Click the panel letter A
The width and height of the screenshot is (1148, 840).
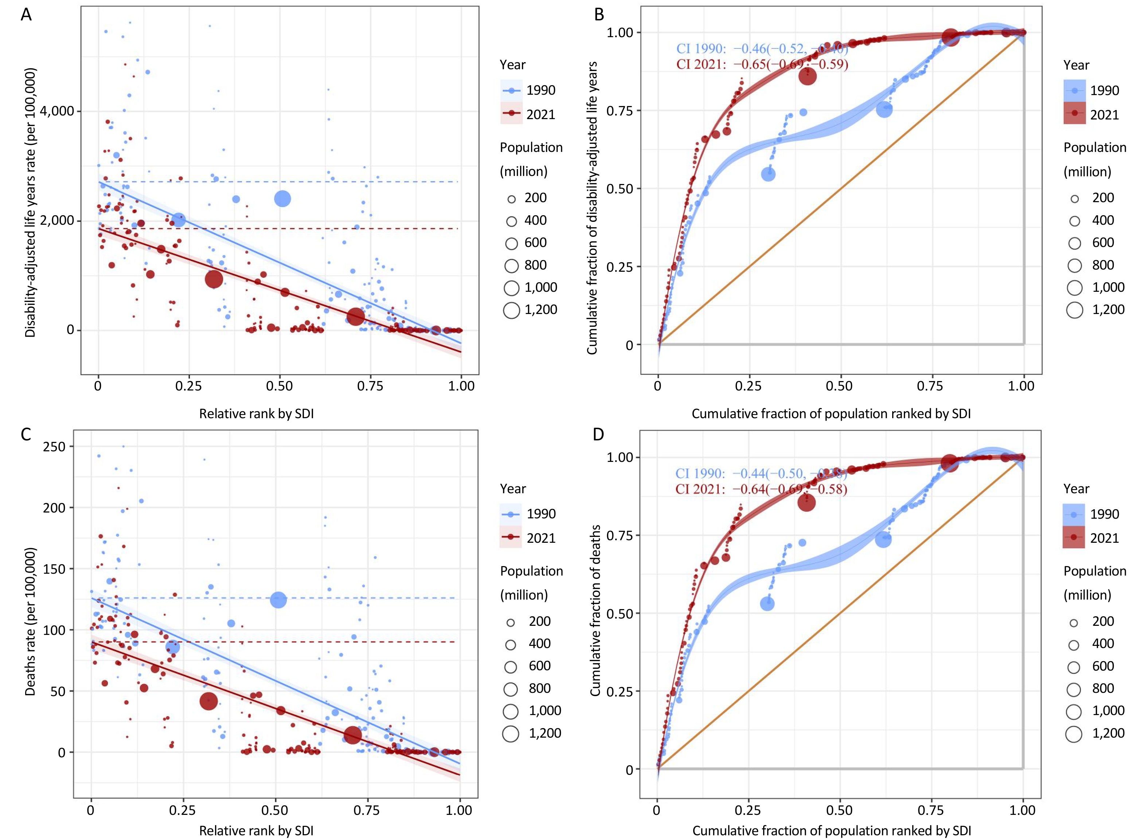26,15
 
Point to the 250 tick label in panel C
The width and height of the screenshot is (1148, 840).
54,447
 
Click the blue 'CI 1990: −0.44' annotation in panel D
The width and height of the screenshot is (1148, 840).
761,474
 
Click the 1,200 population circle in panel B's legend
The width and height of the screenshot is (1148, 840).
1075,310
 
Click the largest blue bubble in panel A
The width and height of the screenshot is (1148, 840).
282,199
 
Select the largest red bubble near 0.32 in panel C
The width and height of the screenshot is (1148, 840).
208,701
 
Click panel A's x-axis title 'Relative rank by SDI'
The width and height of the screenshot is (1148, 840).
256,414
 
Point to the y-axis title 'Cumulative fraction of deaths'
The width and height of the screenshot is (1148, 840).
595,610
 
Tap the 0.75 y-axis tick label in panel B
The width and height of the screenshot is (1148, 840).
620,111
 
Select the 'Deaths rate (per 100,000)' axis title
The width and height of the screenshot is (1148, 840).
31,621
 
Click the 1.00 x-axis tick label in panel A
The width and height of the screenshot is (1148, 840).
461,386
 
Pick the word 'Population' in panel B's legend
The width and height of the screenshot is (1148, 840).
1094,148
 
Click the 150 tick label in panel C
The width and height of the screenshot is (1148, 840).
54,569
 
